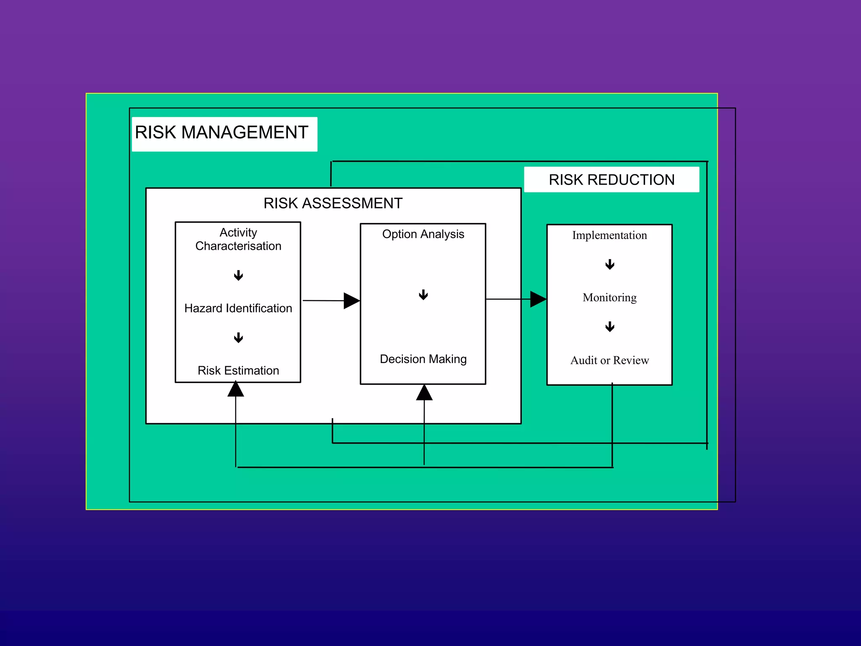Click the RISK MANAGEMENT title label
pos(222,132)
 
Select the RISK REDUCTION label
pos(611,180)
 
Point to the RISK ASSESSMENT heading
pos(333,203)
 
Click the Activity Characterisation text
pos(238,239)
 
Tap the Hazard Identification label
pos(238,308)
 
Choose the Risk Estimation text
pos(238,371)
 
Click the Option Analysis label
pos(423,234)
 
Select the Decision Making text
pos(423,359)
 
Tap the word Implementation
pos(609,236)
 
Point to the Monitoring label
pos(609,298)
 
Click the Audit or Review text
pos(609,360)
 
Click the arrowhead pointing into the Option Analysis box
pos(351,301)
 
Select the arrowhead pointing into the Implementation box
pos(538,299)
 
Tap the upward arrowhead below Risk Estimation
pos(236,389)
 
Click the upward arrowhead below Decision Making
pos(424,393)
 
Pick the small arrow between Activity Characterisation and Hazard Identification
pos(238,276)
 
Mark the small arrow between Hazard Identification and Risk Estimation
pos(238,338)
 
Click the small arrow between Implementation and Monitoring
pos(610,265)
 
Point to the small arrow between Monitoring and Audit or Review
pos(610,327)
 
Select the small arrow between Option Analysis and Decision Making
pos(423,295)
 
